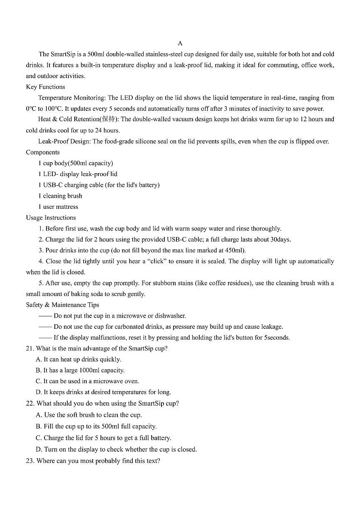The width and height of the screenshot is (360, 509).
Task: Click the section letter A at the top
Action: click(180, 43)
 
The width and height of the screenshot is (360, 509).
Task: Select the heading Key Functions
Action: click(45, 87)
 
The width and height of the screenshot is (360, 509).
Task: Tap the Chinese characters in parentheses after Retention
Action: click(108, 119)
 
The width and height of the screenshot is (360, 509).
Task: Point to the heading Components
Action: click(43, 152)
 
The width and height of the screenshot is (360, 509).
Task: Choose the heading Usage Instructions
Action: click(51, 218)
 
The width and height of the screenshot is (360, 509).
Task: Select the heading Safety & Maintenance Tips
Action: click(62, 305)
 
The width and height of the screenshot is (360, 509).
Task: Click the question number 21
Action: click(29, 349)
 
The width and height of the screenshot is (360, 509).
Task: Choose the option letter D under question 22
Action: click(39, 449)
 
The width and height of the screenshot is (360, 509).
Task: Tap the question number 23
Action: click(29, 461)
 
